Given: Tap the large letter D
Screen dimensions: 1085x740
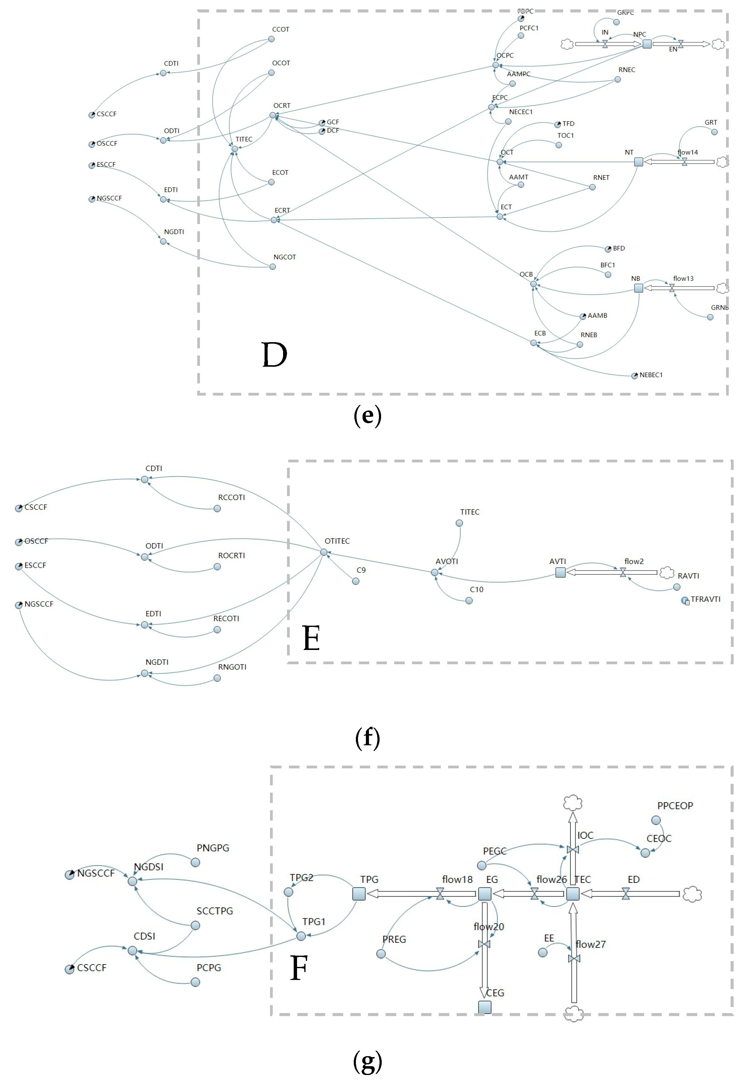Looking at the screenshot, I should coord(274,355).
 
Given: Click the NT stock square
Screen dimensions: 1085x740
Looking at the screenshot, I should coord(639,162).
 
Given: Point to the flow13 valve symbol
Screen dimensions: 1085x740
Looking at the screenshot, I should coord(672,288).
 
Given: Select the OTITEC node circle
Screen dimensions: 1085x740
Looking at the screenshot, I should coord(324,552).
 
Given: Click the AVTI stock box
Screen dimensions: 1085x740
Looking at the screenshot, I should coord(560,572).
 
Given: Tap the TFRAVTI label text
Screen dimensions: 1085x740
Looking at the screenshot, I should coord(705,600).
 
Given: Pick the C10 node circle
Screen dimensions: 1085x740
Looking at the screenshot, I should coord(469,601).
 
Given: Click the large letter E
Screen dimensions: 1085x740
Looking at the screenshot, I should coord(311,638).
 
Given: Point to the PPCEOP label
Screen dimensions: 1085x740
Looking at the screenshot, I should coord(675,806).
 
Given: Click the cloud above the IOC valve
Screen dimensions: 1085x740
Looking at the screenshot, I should coord(573,803).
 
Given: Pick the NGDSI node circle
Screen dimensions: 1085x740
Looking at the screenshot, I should coord(133,881).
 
